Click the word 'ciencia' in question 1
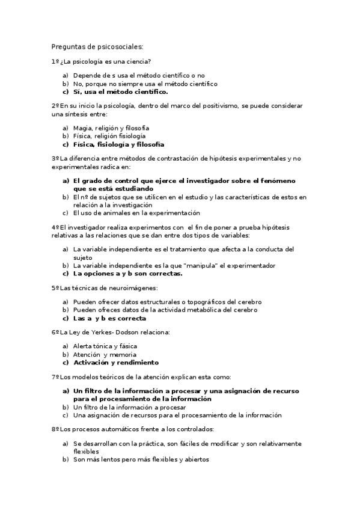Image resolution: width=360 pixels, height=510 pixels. [138, 61]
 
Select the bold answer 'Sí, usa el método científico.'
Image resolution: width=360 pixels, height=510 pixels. [120, 92]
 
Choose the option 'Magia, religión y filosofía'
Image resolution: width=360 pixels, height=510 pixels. [111, 127]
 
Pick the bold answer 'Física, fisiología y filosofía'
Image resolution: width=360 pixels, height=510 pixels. [118, 144]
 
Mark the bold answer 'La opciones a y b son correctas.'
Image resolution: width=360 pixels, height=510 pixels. [127, 274]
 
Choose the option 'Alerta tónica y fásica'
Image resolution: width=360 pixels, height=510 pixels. [105, 346]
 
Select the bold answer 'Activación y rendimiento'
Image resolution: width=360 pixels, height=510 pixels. [115, 363]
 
